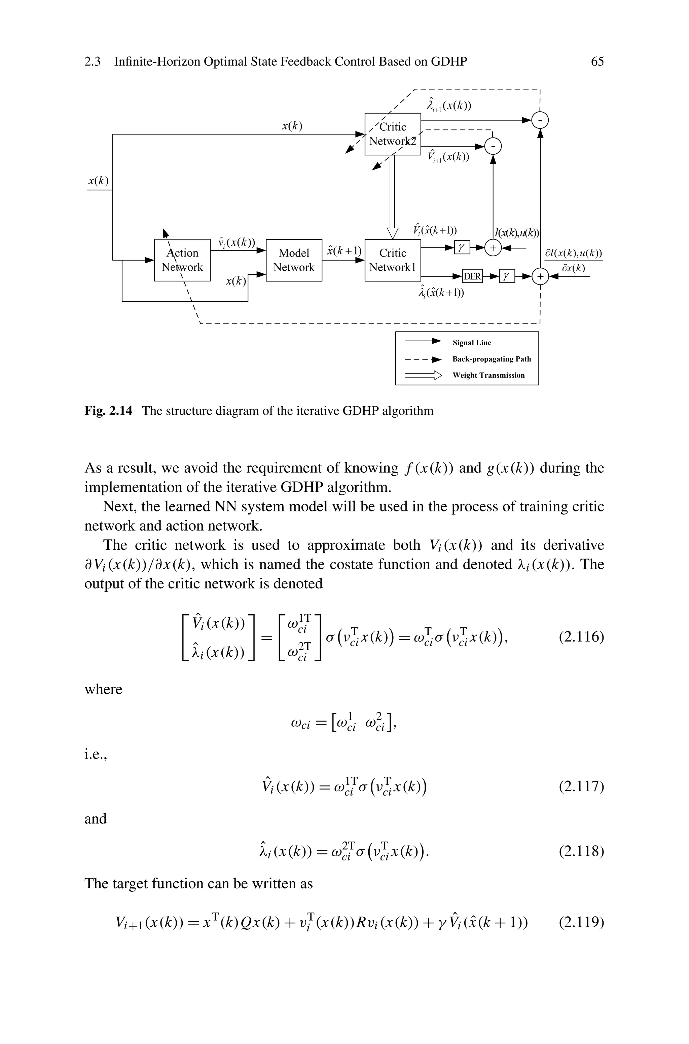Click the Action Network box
pyautogui.click(x=182, y=260)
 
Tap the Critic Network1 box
pyautogui.click(x=392, y=260)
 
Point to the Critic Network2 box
pyautogui.click(x=392, y=134)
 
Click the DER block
pyautogui.click(x=472, y=276)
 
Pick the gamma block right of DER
pyautogui.click(x=507, y=276)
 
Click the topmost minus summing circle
pyautogui.click(x=540, y=120)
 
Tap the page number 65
pyautogui.click(x=597, y=62)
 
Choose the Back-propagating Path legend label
pyautogui.click(x=491, y=359)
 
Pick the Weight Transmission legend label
pyautogui.click(x=488, y=375)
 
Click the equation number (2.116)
pyautogui.click(x=581, y=636)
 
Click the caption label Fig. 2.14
pyautogui.click(x=108, y=411)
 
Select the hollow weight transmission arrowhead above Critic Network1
pyautogui.click(x=392, y=233)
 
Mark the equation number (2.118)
pyautogui.click(x=581, y=852)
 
